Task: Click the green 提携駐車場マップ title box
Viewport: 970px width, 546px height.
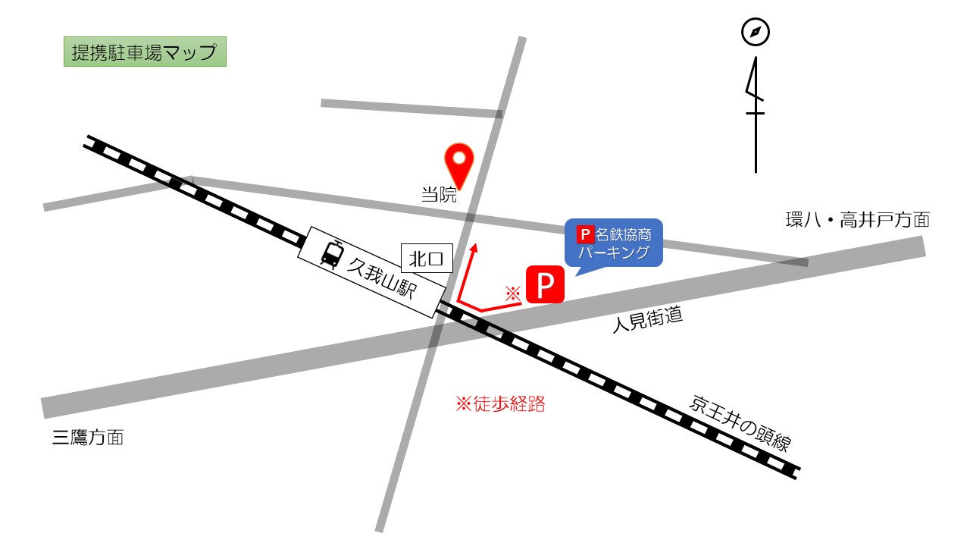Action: [145, 53]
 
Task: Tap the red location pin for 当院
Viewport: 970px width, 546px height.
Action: [458, 161]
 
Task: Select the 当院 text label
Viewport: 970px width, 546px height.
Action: [440, 195]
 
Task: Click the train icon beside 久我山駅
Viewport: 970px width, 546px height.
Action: [331, 253]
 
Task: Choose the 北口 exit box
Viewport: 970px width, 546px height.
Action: [427, 259]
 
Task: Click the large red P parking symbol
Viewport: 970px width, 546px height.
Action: [545, 285]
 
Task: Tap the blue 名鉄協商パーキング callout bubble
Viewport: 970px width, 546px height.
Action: [614, 243]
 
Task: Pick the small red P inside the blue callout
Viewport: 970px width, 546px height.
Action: [584, 234]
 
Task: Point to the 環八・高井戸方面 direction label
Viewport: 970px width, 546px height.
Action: [857, 221]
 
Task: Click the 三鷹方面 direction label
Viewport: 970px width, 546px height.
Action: [88, 438]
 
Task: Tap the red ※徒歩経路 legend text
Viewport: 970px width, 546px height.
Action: [500, 404]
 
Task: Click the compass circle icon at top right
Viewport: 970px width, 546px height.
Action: [755, 33]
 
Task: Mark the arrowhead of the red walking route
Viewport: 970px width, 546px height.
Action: [474, 247]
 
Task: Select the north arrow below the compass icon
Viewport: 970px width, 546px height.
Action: [755, 114]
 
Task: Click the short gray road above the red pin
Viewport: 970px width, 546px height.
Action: [411, 108]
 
